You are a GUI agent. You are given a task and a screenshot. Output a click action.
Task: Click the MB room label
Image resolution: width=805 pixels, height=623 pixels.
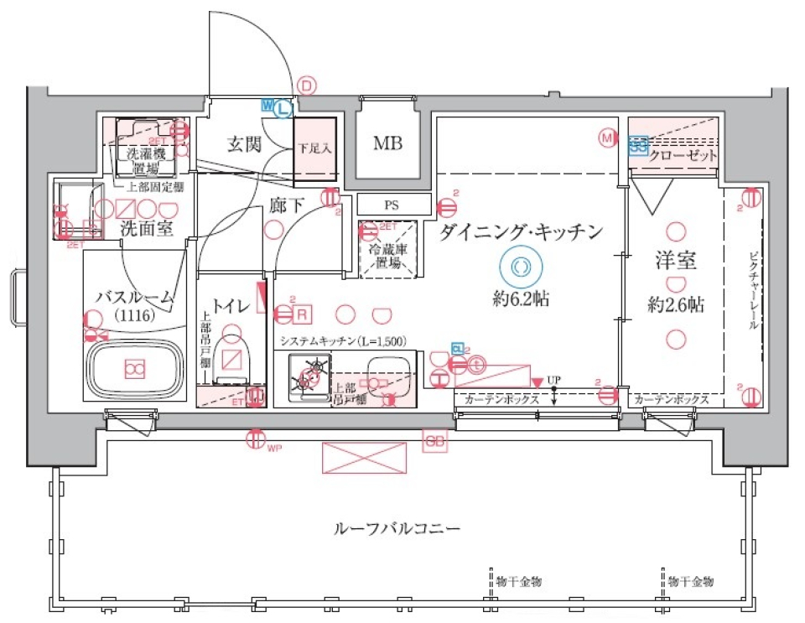pos(387,143)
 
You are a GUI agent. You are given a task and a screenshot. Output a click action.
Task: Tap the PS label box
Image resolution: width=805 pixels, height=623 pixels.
pos(392,204)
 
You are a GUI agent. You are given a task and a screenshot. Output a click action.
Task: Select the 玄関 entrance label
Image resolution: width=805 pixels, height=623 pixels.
pos(244,143)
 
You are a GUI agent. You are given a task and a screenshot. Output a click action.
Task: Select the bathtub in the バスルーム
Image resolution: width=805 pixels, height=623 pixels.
pos(134,367)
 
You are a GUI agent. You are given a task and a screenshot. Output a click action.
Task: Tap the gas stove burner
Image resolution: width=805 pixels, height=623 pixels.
pos(309,377)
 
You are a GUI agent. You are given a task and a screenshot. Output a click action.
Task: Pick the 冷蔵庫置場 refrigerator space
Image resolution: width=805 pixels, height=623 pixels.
pos(388,249)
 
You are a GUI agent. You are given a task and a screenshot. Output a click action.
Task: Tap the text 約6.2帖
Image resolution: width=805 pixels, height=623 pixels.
pos(521,299)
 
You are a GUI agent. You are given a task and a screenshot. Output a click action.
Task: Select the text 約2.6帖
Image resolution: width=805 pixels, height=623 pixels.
pos(675,305)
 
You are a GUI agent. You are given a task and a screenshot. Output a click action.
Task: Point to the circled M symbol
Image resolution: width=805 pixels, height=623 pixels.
pos(607,137)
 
